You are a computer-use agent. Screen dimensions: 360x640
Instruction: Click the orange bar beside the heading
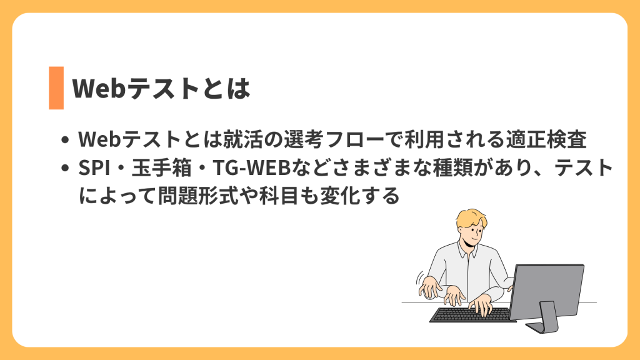[x=56, y=87]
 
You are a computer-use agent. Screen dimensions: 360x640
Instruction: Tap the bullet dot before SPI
[x=65, y=169]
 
